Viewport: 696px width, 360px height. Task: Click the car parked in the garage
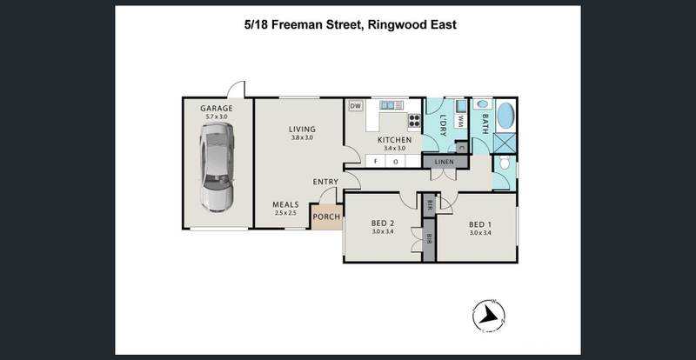217,167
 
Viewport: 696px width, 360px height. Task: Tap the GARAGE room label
216,109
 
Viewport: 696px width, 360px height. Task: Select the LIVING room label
302,130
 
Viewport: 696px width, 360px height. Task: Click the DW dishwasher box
355,106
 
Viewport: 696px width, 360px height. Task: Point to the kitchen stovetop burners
414,120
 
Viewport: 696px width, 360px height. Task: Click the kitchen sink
387,105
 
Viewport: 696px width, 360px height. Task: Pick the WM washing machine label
460,121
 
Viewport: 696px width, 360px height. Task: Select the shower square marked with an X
505,143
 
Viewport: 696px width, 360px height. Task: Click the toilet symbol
505,162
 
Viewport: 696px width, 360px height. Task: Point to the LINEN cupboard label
445,162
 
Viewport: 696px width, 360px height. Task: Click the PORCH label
327,217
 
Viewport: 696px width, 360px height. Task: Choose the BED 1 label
480,224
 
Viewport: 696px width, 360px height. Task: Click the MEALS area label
285,204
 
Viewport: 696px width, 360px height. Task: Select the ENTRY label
325,182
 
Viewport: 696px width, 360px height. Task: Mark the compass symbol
488,316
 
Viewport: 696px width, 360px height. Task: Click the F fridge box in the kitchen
376,161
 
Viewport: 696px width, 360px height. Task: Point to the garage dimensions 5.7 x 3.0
216,117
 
